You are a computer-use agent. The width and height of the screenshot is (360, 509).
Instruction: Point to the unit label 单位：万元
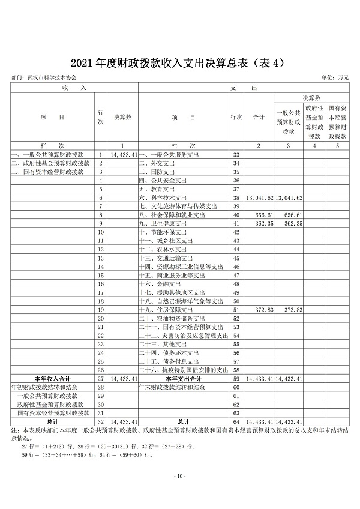335,78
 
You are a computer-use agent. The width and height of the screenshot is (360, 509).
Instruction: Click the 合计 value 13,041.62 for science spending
260,197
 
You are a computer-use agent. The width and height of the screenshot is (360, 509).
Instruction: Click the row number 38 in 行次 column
236,197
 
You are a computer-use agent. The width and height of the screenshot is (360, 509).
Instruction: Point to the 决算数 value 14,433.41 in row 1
124,155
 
